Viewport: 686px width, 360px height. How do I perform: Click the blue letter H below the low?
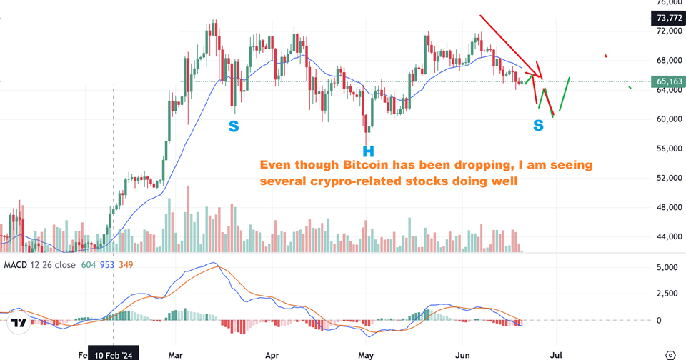368,151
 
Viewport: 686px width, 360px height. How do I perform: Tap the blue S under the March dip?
234,126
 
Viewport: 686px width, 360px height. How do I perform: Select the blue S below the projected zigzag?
538,126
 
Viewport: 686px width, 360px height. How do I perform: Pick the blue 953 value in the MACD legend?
107,265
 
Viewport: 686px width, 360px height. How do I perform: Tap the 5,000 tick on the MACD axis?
668,267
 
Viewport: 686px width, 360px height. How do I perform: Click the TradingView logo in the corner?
19,323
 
